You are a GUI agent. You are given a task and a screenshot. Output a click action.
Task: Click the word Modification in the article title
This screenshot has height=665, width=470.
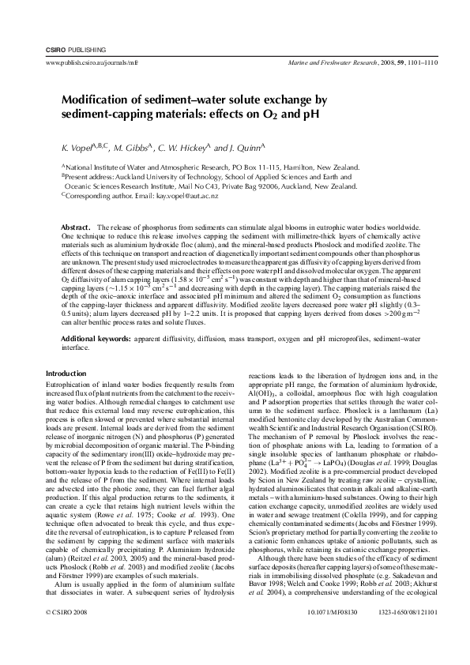point(95,100)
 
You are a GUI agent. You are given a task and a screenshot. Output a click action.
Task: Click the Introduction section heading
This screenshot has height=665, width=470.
point(69,374)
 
